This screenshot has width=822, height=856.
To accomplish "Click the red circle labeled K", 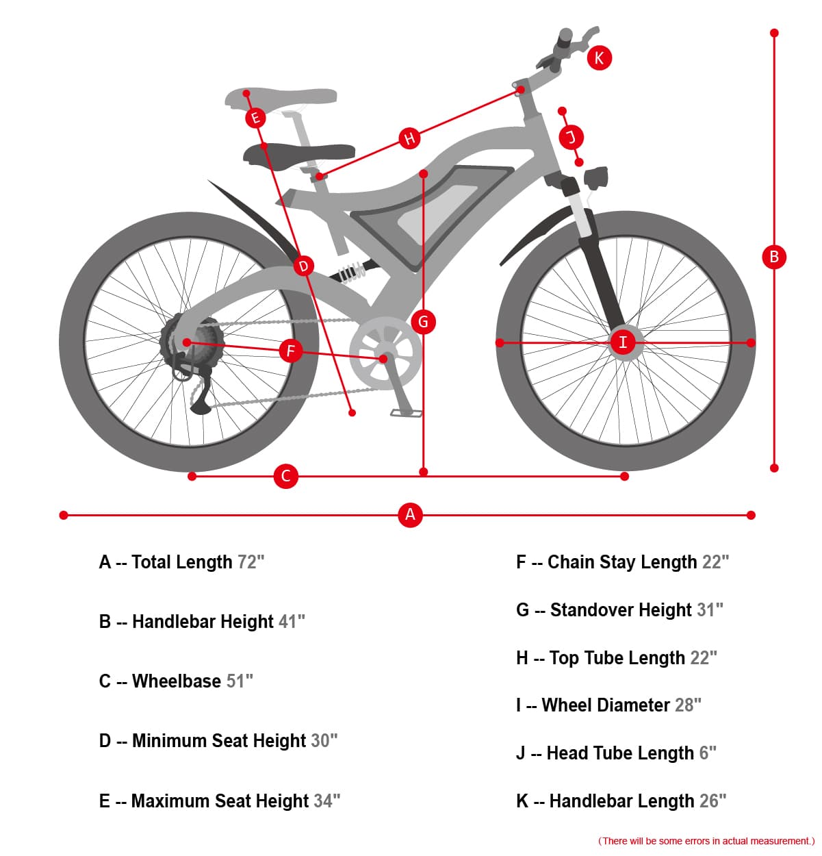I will (599, 58).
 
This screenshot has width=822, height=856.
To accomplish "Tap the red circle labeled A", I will (410, 514).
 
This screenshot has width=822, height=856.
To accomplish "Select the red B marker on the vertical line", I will (774, 257).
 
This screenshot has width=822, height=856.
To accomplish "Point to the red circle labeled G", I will (423, 321).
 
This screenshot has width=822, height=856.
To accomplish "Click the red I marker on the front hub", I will (622, 342).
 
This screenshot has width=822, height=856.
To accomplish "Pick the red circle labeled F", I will (290, 351).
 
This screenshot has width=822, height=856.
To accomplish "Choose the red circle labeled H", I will (409, 138).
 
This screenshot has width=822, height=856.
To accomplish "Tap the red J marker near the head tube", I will (571, 137).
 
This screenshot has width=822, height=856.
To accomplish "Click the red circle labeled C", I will (286, 476).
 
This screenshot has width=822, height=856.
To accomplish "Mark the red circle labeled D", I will (304, 266).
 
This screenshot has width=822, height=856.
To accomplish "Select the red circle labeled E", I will (255, 118).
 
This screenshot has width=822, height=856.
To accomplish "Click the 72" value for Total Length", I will (251, 562).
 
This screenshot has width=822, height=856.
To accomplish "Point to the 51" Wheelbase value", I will (240, 681).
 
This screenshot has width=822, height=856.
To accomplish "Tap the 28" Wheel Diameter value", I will (688, 705).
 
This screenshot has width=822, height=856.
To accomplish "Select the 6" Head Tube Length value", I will (707, 753).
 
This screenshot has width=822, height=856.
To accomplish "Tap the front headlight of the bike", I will (596, 178).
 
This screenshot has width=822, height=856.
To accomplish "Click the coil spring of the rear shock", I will (351, 273).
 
